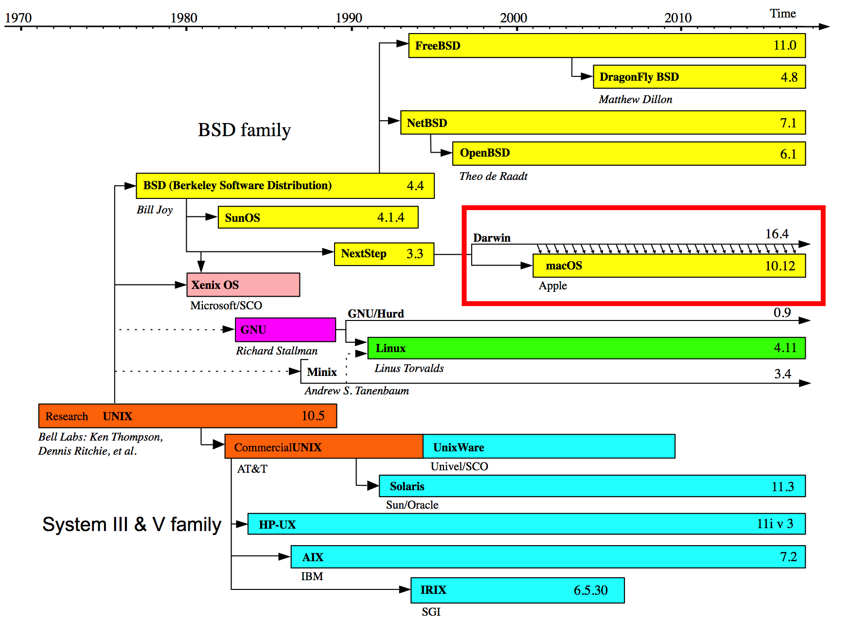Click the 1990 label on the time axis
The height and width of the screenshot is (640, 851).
tap(349, 18)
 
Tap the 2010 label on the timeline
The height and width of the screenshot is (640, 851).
tap(678, 18)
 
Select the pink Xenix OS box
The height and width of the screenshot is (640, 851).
tap(243, 284)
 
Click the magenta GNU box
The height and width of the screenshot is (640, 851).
tap(285, 330)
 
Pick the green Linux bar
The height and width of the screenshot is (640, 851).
tap(586, 348)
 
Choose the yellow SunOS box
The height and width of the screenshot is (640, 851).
tap(318, 217)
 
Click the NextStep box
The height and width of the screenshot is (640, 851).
tap(384, 254)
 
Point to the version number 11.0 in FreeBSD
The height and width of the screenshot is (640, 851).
tap(784, 45)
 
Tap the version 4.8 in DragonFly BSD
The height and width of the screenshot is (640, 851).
tap(789, 77)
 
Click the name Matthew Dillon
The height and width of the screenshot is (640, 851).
tap(636, 99)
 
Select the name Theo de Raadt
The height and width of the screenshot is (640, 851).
tap(493, 176)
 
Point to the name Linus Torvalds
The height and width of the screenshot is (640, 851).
tap(409, 368)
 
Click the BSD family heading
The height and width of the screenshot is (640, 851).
tap(244, 130)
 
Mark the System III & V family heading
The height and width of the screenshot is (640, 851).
tap(132, 524)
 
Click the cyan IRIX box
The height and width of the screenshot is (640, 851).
tap(517, 590)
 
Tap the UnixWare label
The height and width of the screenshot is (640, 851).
tap(459, 447)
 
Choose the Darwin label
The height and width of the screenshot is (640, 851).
tap(492, 238)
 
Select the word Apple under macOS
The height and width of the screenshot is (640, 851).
tap(552, 286)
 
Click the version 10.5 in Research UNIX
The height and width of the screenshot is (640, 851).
tap(313, 416)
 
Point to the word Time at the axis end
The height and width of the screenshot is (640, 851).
tap(782, 14)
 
